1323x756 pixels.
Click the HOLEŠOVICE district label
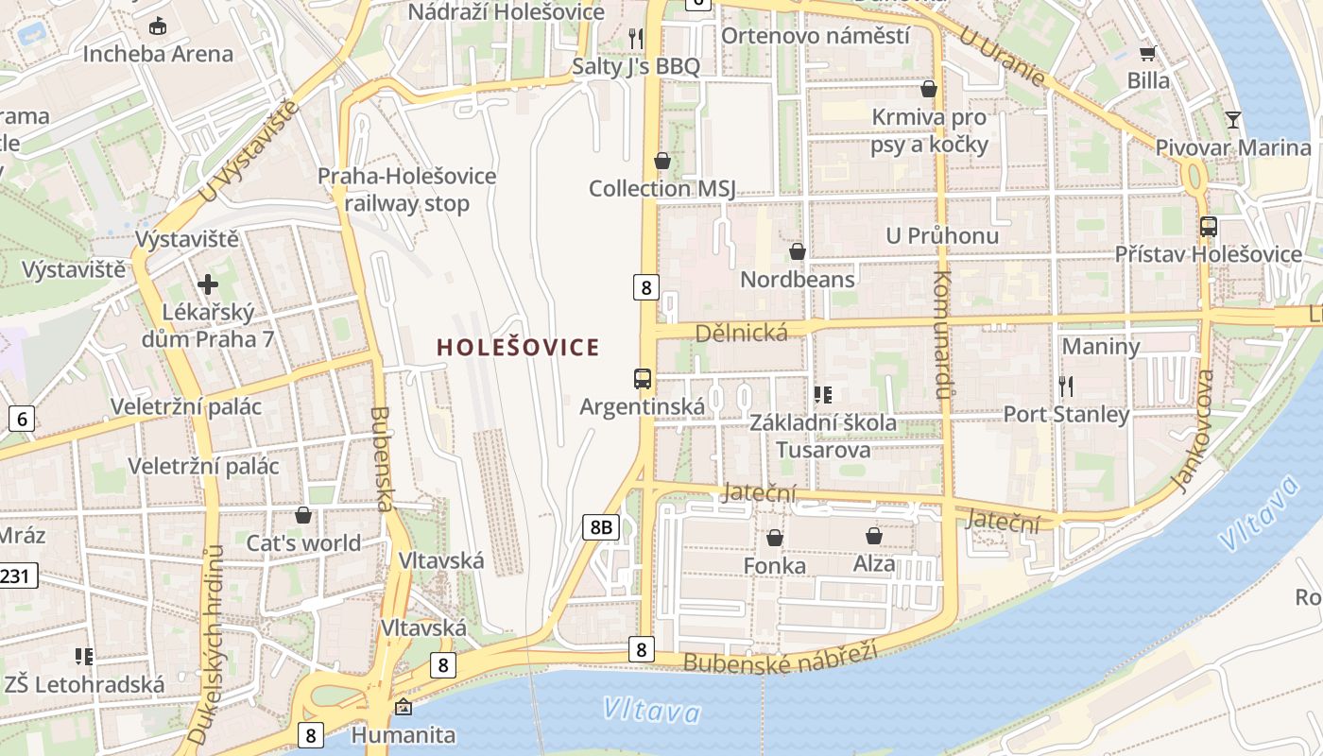click(x=518, y=348)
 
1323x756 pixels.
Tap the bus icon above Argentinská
click(x=643, y=379)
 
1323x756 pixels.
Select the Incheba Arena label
click(x=158, y=54)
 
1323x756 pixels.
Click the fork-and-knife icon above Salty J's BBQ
click(x=636, y=38)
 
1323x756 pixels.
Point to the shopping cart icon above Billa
click(x=1148, y=53)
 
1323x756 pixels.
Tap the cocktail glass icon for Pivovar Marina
click(x=1233, y=120)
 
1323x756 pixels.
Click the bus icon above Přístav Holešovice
click(x=1208, y=227)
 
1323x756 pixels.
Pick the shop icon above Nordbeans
click(x=798, y=251)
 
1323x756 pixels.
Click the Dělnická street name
click(x=741, y=333)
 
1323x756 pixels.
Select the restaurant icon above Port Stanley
click(x=1067, y=386)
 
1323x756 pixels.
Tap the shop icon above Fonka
click(x=775, y=538)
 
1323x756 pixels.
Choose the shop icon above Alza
click(x=874, y=536)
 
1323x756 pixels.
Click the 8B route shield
click(x=600, y=526)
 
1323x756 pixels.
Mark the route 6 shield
click(x=22, y=419)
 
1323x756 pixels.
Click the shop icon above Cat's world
click(x=303, y=515)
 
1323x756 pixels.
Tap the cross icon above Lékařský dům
click(x=208, y=283)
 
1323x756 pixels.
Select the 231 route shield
click(x=17, y=575)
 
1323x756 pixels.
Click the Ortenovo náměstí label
click(x=816, y=36)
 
